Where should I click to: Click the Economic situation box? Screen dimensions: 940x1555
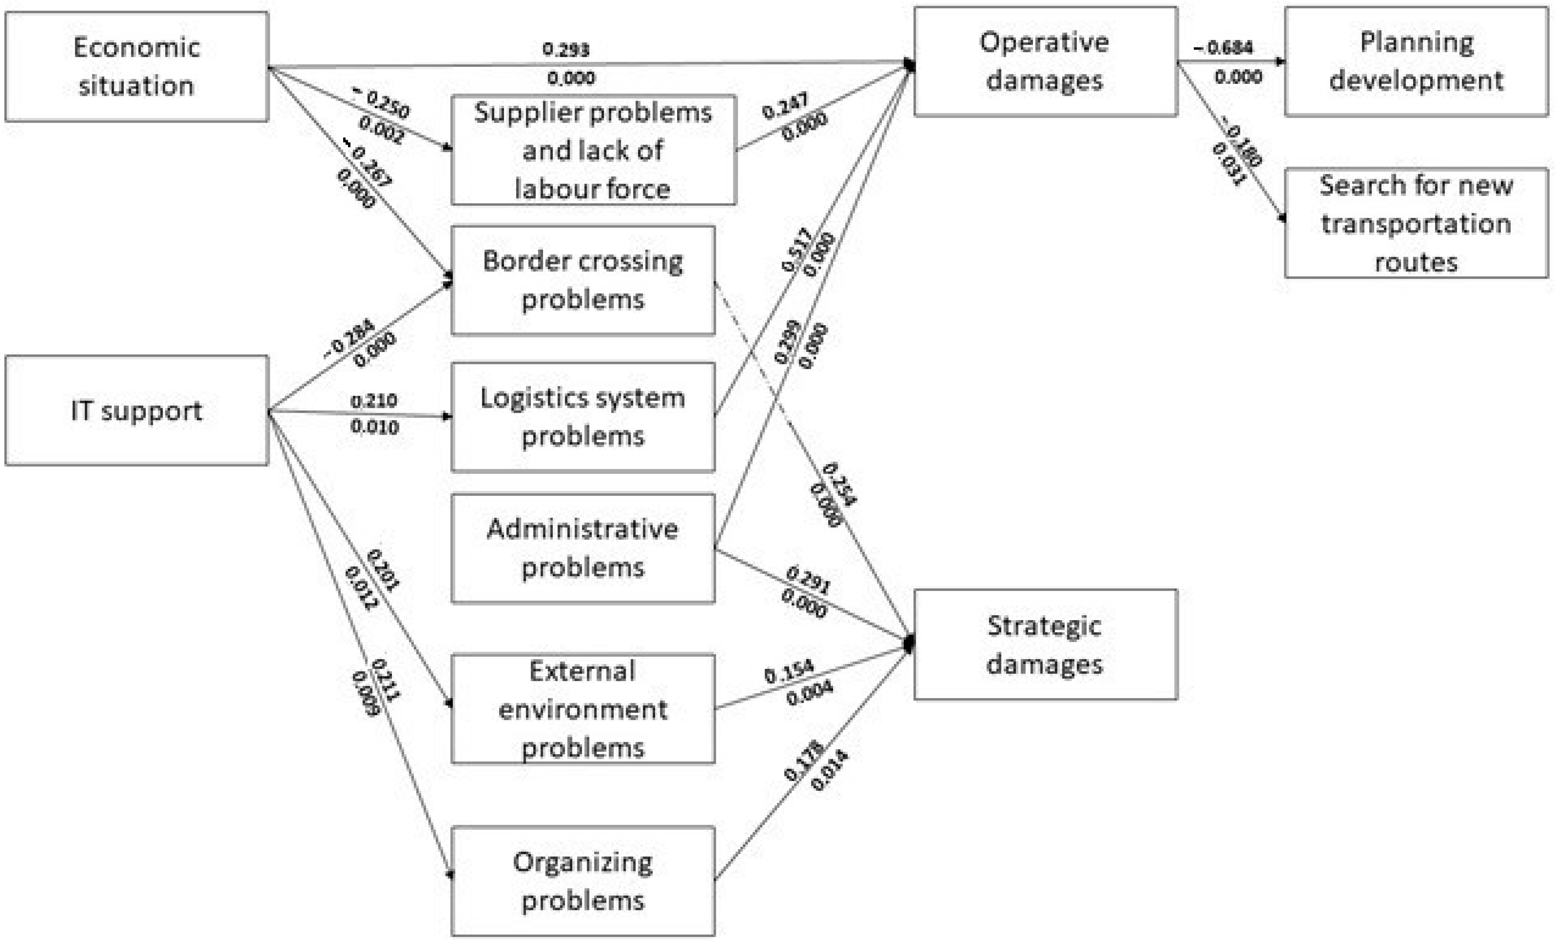136,66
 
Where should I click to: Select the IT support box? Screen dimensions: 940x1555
136,410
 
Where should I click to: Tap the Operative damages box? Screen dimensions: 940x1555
1045,61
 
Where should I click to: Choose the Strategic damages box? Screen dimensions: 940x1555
1045,645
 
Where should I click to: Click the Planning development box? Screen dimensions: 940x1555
1416,61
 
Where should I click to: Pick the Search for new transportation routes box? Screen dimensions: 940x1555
1416,223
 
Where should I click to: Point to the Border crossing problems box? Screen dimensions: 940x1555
583,280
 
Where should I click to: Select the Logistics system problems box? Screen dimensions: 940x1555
583,417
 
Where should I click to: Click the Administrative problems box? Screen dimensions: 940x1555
583,548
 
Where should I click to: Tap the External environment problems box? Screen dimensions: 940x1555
583,709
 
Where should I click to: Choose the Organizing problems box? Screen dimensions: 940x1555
583,881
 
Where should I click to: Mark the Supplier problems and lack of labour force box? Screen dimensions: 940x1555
593,150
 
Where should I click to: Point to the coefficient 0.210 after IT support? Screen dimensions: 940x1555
373,401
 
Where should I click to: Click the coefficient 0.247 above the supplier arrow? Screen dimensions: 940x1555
785,106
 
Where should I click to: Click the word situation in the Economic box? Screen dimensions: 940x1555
136,86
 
